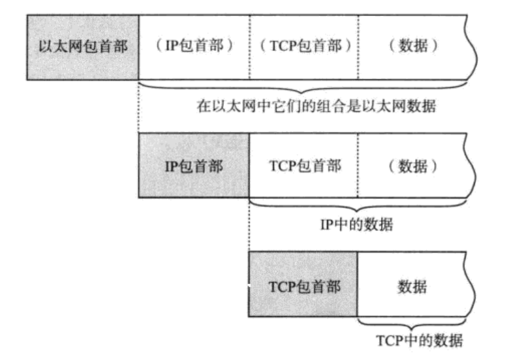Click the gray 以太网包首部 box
82,48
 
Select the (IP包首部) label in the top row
194,48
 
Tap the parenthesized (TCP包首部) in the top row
304,48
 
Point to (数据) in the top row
412,48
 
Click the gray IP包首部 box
194,166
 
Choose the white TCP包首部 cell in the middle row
304,166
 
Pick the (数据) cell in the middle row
412,166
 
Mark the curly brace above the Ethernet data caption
304,87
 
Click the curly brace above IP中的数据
359,206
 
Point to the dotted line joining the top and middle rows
139,108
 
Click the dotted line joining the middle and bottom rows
249,226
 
